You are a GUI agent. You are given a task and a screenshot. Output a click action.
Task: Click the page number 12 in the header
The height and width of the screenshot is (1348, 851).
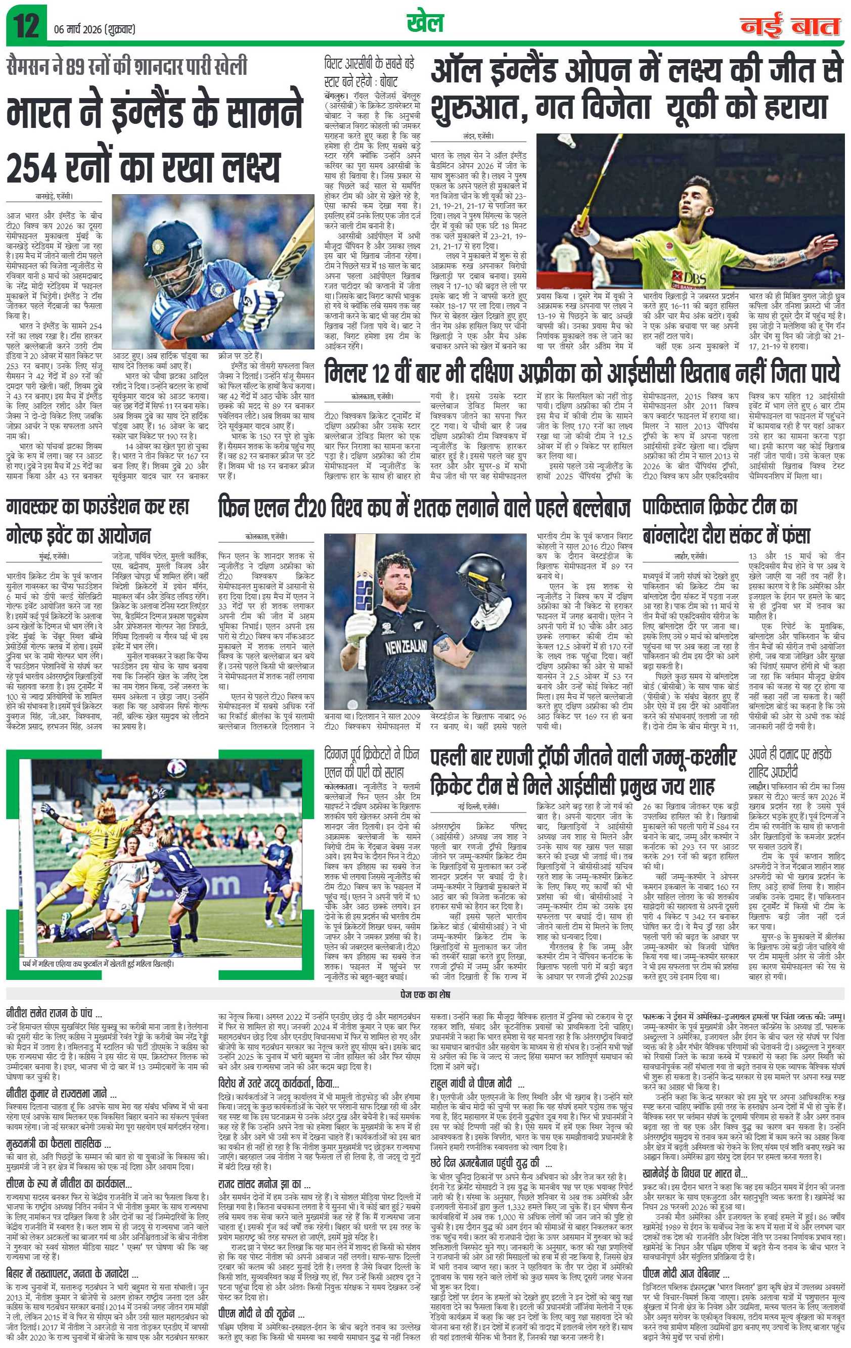tap(26, 26)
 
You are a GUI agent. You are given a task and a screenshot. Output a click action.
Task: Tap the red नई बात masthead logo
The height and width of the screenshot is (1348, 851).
tap(790, 26)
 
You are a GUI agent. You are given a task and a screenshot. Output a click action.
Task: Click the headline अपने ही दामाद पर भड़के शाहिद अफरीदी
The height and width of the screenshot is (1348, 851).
tap(795, 762)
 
